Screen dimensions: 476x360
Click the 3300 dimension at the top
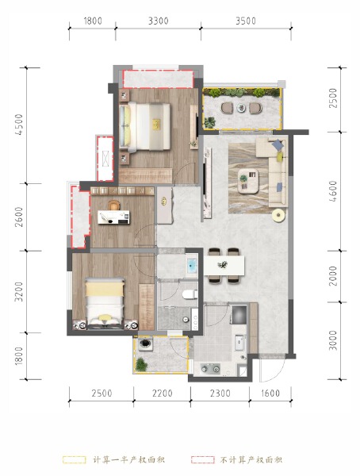[158, 22]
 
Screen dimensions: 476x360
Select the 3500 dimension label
[246, 22]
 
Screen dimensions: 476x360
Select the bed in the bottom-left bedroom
[101, 301]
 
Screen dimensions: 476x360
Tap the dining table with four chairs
[225, 265]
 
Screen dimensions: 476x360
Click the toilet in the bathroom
[189, 294]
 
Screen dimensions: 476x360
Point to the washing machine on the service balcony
[146, 346]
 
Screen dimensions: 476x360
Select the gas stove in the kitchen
[212, 368]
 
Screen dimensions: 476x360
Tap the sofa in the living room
[279, 171]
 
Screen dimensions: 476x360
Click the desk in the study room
[113, 212]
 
